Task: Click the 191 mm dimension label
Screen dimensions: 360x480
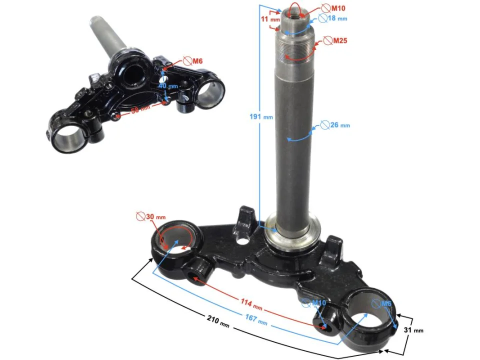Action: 261,116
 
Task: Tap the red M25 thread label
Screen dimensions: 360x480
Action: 340,40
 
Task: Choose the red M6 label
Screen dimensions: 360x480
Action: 198,61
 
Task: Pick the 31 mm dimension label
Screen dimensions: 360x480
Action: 413,330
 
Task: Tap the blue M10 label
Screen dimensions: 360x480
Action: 319,303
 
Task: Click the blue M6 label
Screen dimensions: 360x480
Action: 386,303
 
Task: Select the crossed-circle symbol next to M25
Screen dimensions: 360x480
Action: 326,40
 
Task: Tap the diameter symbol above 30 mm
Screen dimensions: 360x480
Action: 140,217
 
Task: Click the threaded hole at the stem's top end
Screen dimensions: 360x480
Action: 295,9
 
